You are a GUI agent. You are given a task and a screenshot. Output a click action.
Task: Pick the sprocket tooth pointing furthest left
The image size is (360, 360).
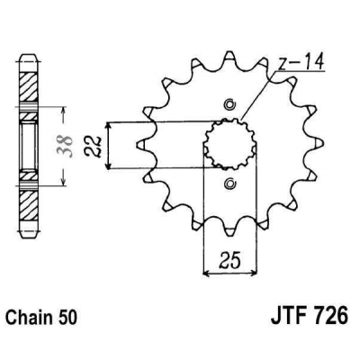coord(137,144)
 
